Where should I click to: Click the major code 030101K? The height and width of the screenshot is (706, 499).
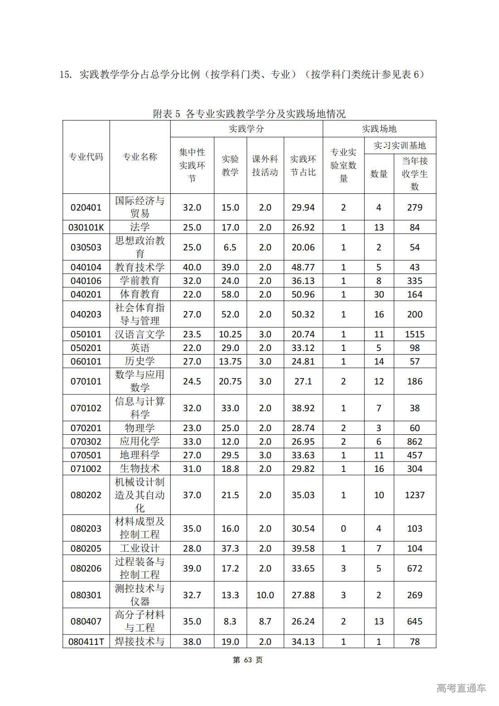86,227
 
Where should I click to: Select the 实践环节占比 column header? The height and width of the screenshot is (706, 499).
303,166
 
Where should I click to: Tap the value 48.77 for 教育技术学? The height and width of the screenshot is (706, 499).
303,267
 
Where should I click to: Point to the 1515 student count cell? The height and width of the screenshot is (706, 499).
414,334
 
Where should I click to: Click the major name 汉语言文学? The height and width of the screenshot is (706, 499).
139,334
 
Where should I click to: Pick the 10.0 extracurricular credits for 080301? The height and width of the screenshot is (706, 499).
265,595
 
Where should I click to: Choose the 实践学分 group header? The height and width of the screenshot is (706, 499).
246,129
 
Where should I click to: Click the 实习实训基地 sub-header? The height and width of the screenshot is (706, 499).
399,146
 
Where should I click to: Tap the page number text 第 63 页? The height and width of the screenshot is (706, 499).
248,660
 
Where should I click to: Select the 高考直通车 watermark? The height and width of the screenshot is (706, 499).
461,688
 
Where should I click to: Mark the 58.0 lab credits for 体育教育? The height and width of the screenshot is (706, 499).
230,294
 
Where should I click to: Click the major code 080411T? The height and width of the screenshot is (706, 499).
86,642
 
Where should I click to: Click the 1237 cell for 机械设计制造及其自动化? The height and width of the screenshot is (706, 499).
414,495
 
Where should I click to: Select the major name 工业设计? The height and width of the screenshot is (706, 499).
139,548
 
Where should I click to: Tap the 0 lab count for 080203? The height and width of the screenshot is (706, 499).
343,528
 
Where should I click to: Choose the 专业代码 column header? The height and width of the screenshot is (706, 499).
86,157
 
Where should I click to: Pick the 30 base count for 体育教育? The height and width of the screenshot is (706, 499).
379,294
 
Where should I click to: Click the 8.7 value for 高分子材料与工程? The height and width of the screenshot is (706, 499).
265,621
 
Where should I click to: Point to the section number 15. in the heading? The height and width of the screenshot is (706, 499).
66,75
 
